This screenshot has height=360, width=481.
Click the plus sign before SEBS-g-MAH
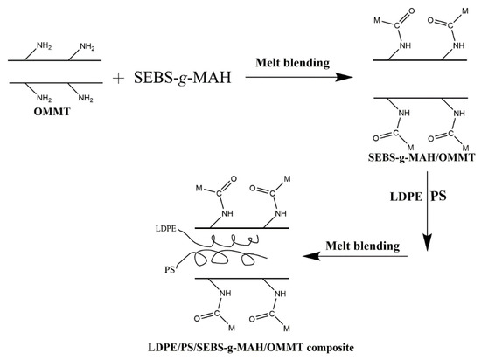118,78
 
